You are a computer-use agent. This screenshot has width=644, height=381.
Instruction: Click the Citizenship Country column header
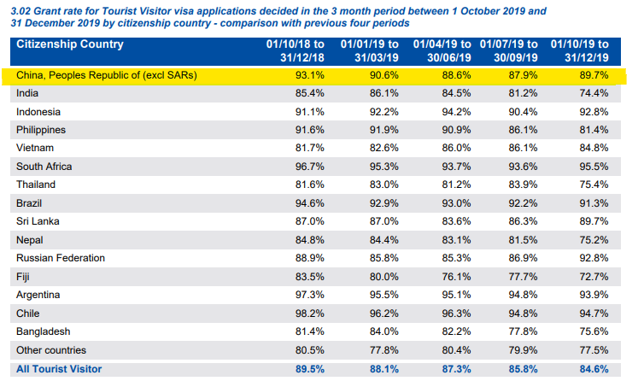[70, 44]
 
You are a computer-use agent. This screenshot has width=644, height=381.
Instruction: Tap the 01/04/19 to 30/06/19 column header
[438, 50]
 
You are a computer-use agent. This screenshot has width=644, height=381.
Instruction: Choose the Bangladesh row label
[44, 331]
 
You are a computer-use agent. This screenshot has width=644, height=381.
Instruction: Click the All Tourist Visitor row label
[59, 369]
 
